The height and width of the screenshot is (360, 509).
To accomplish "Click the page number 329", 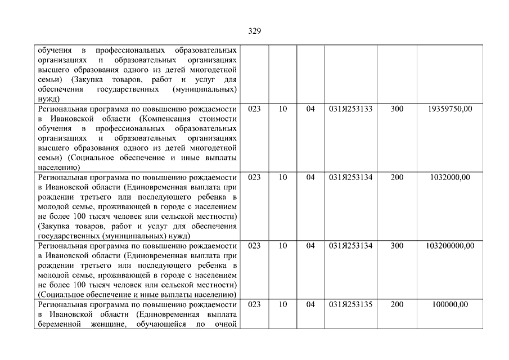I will (254, 31).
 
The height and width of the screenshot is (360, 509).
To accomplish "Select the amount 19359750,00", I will (450, 109).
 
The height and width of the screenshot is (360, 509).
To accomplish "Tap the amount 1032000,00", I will (450, 177).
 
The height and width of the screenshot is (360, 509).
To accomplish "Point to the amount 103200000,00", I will (450, 246).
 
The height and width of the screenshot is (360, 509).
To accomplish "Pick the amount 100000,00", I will (450, 304).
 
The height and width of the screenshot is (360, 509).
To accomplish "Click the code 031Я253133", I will (351, 109).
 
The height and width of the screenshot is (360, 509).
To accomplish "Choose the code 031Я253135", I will (351, 304).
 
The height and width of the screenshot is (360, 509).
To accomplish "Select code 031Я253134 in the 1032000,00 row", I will (351, 177).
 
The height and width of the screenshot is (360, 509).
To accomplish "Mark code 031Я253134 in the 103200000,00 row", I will (351, 246).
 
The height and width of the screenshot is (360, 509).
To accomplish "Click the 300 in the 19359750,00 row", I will (397, 109).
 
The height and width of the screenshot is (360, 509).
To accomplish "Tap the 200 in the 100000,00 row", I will (397, 304).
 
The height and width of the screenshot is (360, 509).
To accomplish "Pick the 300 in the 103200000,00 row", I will (397, 246).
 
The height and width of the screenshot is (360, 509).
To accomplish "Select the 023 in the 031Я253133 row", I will (254, 109).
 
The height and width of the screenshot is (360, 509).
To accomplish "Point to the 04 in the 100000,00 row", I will (310, 304).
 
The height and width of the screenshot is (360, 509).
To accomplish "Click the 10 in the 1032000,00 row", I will (283, 177).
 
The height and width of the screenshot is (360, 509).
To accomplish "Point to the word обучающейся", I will (160, 324).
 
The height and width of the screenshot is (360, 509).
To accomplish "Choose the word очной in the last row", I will (224, 324).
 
